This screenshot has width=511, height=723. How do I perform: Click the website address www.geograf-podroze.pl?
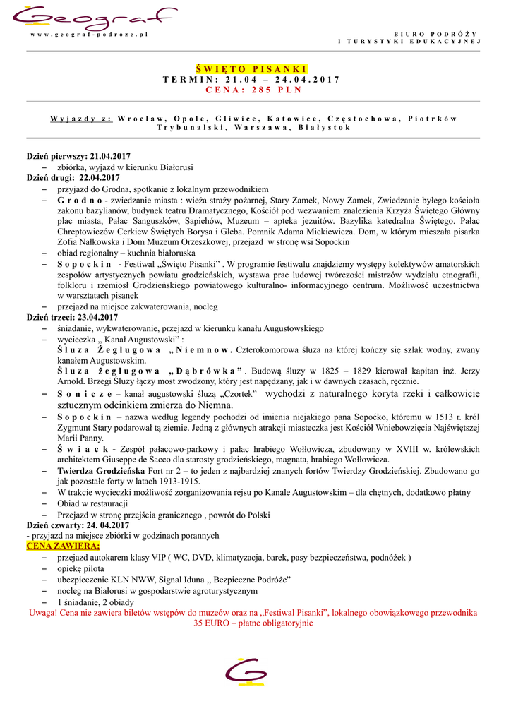(x=94, y=35)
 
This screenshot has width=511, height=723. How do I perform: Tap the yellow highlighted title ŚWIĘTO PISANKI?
(x=252, y=68)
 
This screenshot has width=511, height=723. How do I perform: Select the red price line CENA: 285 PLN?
(x=252, y=90)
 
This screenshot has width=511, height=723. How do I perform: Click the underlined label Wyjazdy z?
(x=81, y=118)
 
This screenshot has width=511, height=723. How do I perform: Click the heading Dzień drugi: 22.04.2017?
(x=73, y=178)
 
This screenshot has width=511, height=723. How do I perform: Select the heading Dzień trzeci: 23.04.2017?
(x=73, y=318)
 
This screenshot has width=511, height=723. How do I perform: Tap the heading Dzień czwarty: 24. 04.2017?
(x=78, y=525)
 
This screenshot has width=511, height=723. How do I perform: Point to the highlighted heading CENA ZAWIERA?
(x=64, y=546)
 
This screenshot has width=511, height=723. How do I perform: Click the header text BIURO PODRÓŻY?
(x=435, y=34)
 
